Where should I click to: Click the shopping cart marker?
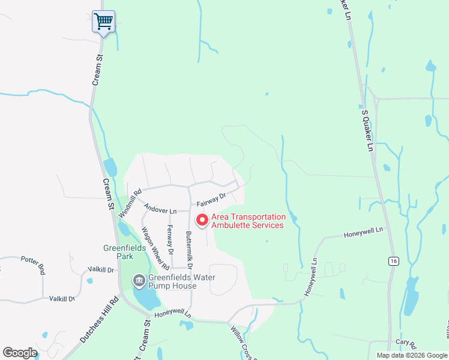(x=103, y=22)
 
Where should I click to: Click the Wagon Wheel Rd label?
(x=154, y=248)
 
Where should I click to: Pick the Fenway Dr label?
(x=171, y=238)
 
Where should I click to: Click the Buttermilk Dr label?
(x=190, y=250)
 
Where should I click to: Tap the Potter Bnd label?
(x=33, y=265)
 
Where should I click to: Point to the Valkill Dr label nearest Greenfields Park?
(x=101, y=270)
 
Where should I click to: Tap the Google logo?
(x=19, y=353)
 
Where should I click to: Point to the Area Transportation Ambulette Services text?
(x=247, y=221)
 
